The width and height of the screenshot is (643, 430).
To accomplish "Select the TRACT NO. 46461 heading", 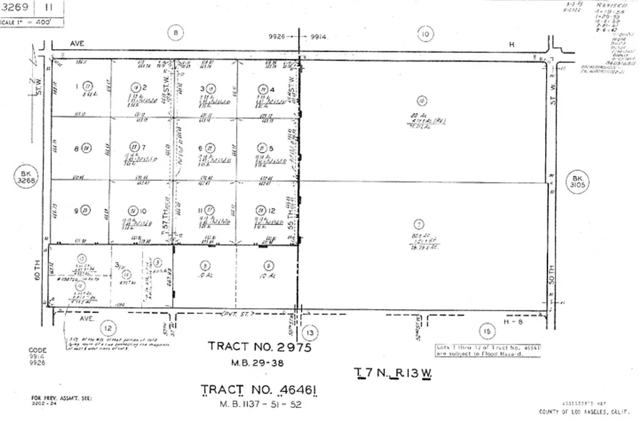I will pos(259,390).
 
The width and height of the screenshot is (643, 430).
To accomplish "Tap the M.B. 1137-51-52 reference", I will pos(259,405).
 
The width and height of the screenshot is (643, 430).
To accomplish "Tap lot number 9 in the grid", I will pos(76,211).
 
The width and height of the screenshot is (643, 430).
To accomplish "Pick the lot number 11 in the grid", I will pos(200,211).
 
